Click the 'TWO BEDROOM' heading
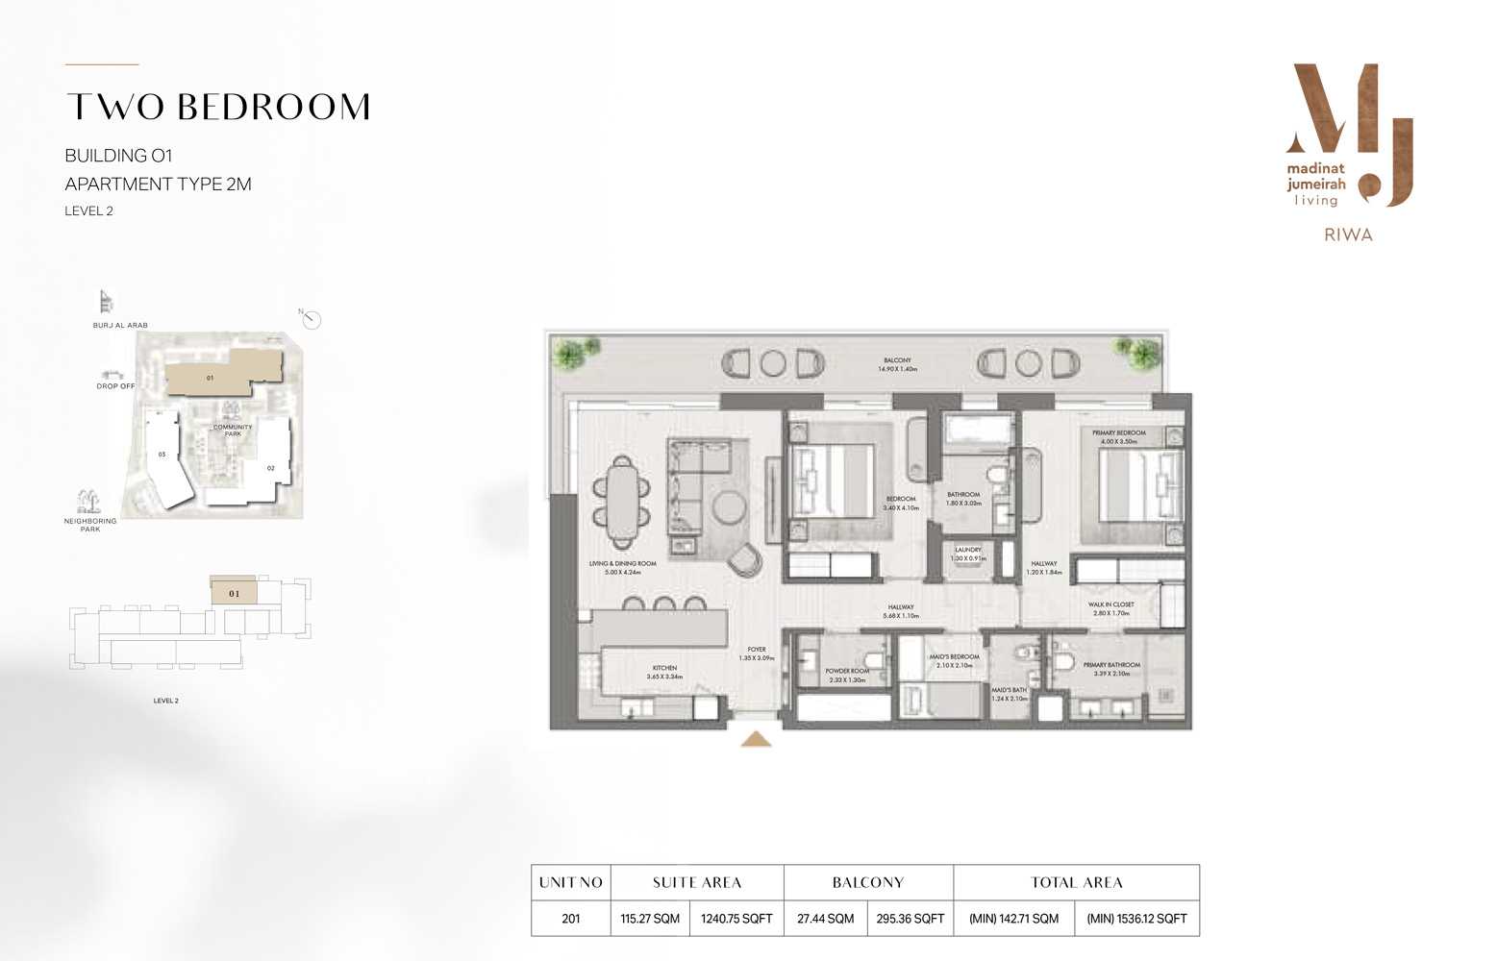pyautogui.click(x=218, y=107)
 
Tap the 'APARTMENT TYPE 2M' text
pyautogui.click(x=158, y=184)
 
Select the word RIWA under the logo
pyautogui.click(x=1348, y=234)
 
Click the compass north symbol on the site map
pyautogui.click(x=311, y=320)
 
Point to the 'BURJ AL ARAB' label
pyautogui.click(x=120, y=326)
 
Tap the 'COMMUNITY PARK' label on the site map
pyautogui.click(x=233, y=431)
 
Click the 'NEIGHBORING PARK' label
pyautogui.click(x=90, y=525)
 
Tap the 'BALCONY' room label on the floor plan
pyautogui.click(x=897, y=360)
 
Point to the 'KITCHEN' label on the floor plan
pyautogui.click(x=664, y=668)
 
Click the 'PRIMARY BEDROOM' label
pyautogui.click(x=1119, y=432)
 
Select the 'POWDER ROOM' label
pyautogui.click(x=847, y=671)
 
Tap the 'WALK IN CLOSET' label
pyautogui.click(x=1110, y=604)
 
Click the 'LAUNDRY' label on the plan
pyautogui.click(x=968, y=550)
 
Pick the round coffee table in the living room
pyautogui.click(x=729, y=507)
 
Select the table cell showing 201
pyautogui.click(x=571, y=919)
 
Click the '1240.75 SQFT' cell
pyautogui.click(x=736, y=919)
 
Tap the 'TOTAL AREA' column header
pyautogui.click(x=1077, y=882)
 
